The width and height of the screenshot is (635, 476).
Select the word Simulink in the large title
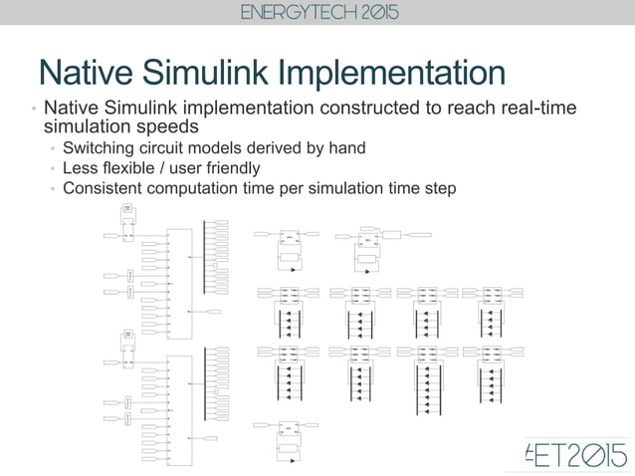click(210, 75)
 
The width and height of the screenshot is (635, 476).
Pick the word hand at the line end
click(345, 148)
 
